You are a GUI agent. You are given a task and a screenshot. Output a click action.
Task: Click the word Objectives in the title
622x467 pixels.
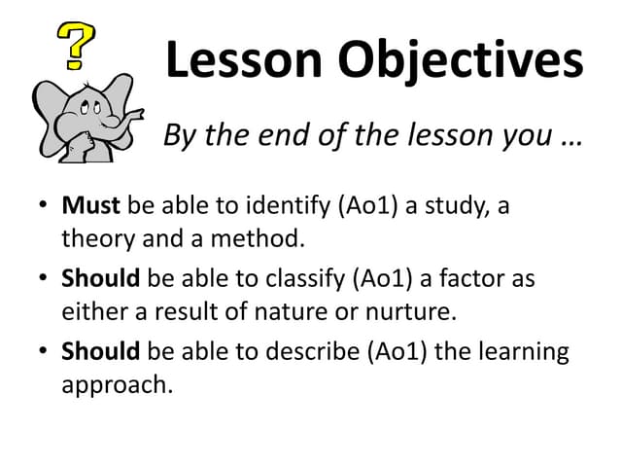click(461, 60)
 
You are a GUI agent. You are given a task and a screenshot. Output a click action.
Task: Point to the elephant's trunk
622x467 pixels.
click(121, 118)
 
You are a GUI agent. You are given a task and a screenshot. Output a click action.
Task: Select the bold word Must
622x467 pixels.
click(90, 206)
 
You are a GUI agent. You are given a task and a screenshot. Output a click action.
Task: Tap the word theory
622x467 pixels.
click(96, 236)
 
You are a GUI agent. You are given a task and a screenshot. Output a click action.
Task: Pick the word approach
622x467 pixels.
click(116, 383)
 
